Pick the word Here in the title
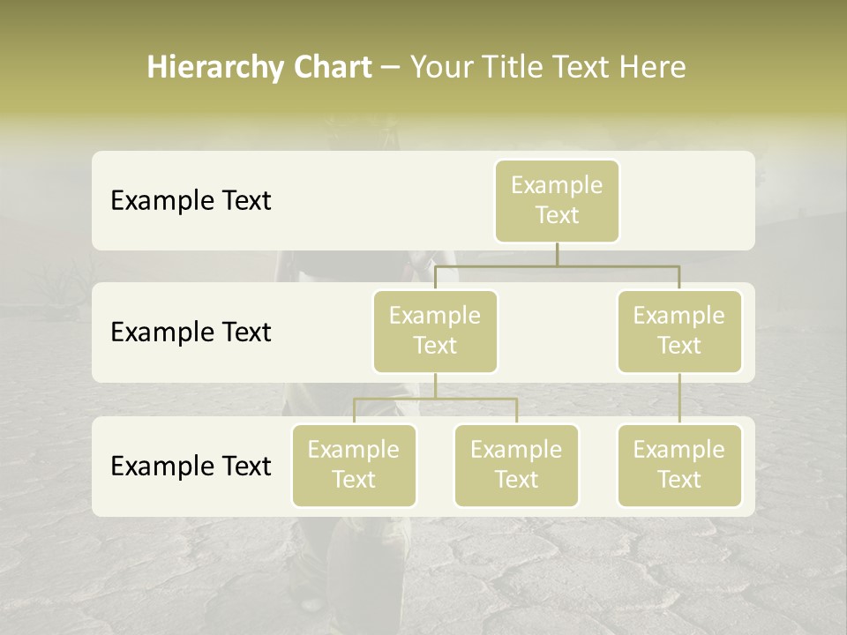point(650,68)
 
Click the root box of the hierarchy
point(557,200)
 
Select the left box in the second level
point(435,331)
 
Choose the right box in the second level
point(679,331)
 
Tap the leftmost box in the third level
point(354,465)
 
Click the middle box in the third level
point(516,465)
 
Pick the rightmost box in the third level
point(679,465)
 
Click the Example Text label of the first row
point(191,201)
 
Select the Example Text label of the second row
point(191,332)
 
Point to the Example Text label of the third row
point(191,466)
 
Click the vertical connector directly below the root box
point(557,254)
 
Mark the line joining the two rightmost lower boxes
point(679,399)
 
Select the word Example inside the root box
point(557,185)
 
